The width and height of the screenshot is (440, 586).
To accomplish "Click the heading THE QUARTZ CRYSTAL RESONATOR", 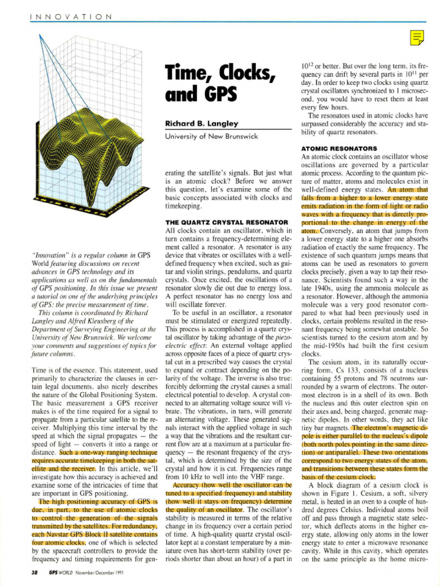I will click(x=226, y=221).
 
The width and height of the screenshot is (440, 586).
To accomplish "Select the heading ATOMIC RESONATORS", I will click(x=339, y=149).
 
